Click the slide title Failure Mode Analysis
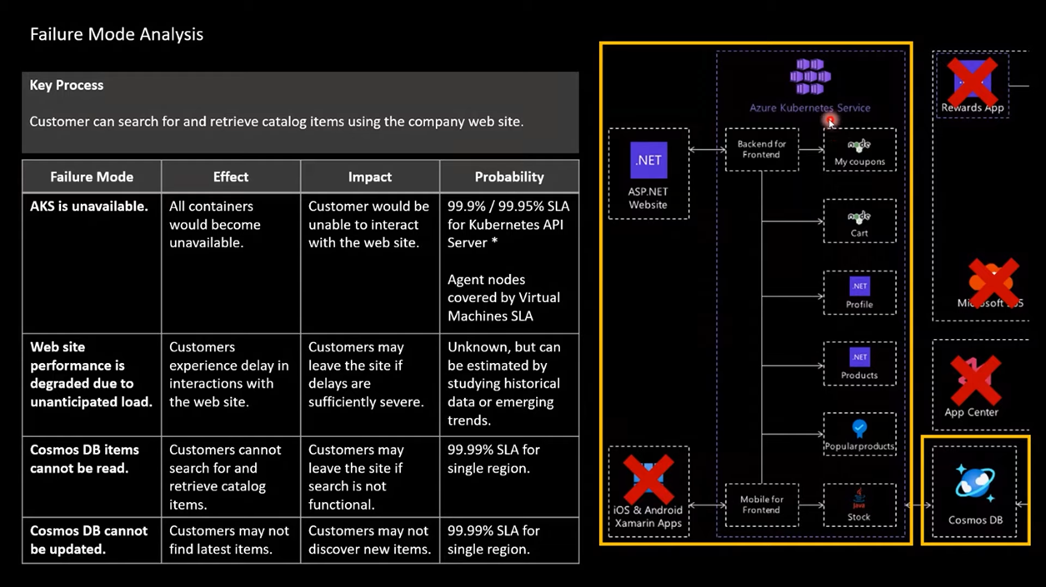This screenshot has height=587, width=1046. [117, 35]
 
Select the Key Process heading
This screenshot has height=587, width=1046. [67, 86]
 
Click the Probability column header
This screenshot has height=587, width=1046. [508, 177]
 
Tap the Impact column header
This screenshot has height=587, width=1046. [369, 177]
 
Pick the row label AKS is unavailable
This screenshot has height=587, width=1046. [89, 206]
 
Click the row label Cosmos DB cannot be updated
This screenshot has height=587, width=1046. [89, 540]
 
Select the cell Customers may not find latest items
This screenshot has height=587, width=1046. [229, 540]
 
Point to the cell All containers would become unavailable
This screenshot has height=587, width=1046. [215, 225]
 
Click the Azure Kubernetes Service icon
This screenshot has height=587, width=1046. [810, 77]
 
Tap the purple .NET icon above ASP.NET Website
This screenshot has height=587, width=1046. [648, 161]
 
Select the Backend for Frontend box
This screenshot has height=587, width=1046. [762, 150]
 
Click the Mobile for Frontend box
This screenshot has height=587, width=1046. [762, 505]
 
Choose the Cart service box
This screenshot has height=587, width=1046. [859, 221]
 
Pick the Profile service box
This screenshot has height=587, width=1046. [859, 292]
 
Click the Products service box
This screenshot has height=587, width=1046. [859, 364]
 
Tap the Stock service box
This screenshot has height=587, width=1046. [859, 505]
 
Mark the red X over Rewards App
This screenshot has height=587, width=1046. [973, 82]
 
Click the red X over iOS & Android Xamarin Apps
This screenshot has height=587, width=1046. [648, 480]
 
